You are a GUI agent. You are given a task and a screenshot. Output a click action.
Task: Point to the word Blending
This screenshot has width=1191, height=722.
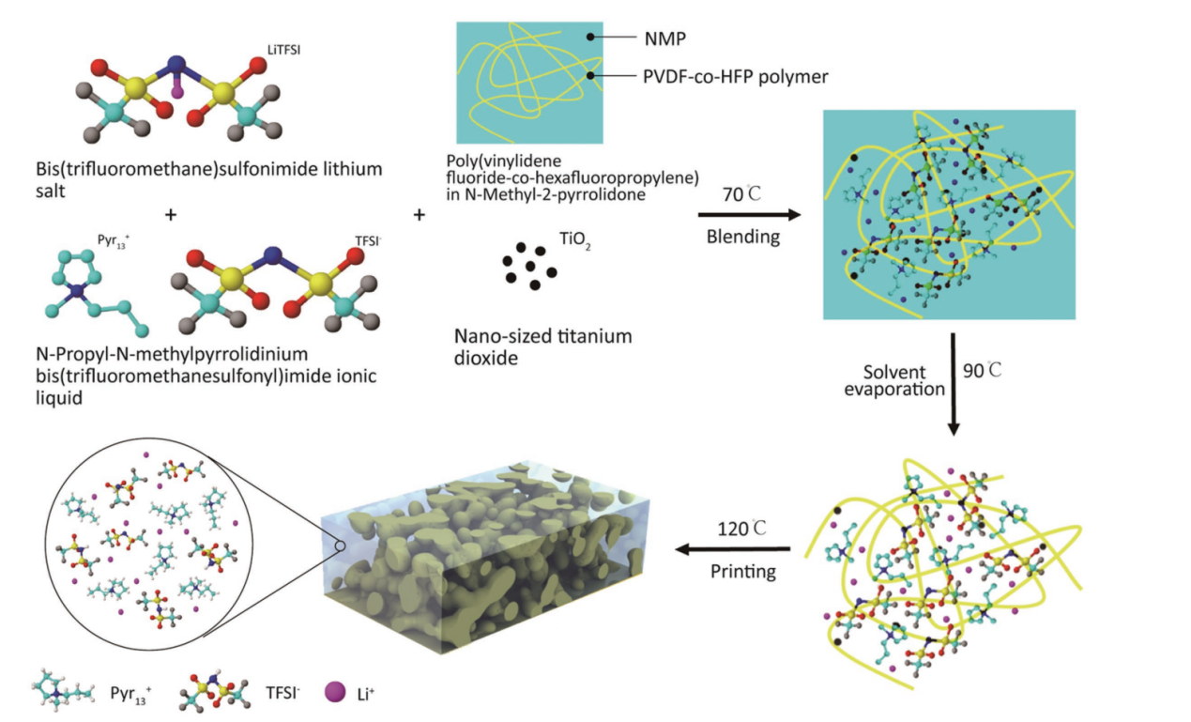point(742,237)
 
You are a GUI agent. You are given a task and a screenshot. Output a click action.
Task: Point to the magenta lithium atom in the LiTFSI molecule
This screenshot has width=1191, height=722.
point(178,91)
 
